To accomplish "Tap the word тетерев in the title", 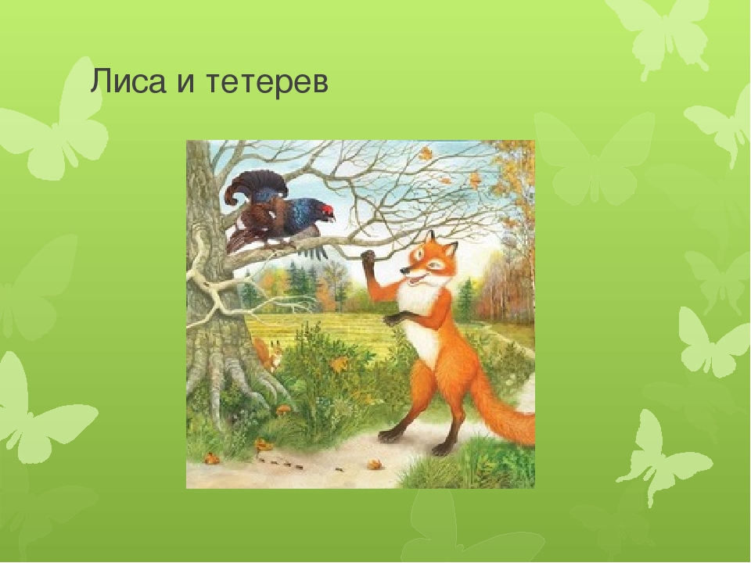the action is coord(268,82).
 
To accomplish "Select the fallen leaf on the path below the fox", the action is coord(374,464).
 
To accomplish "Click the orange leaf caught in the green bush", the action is coord(340,365).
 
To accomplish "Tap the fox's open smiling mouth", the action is coord(415,278).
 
